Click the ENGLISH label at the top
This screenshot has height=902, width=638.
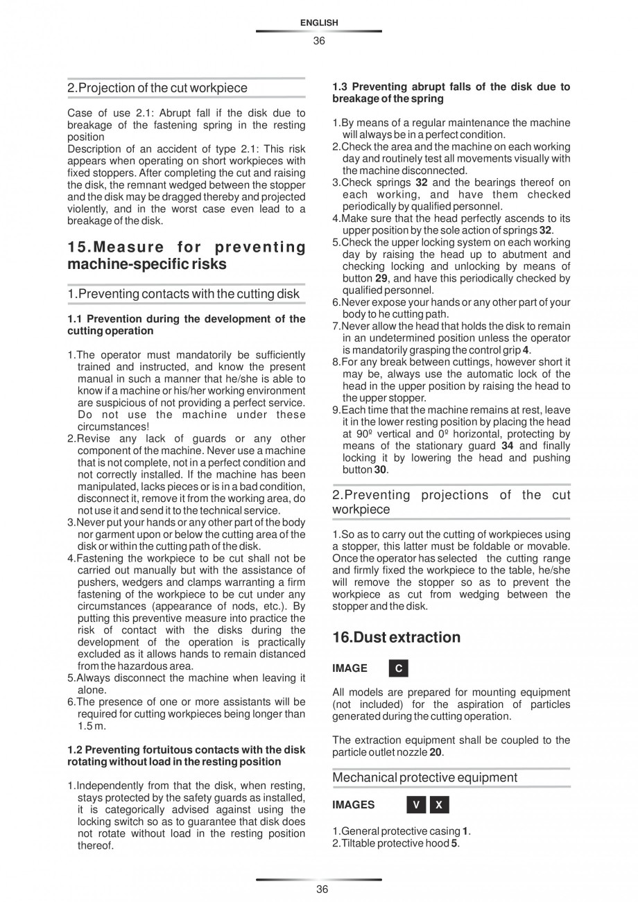(x=319, y=23)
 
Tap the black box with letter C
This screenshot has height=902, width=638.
(x=398, y=668)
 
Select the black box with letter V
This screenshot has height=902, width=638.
(x=416, y=805)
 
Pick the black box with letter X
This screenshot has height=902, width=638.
(x=439, y=805)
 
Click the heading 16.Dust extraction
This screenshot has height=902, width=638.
(x=396, y=637)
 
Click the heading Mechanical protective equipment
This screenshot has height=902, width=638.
(x=424, y=777)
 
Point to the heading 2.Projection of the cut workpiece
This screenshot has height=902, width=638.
(x=157, y=88)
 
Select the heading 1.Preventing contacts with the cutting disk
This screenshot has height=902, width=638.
(x=183, y=293)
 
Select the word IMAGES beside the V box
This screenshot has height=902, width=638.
(x=353, y=805)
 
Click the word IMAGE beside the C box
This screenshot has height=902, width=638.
(x=350, y=668)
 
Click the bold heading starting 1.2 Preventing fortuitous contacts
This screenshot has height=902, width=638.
(x=186, y=755)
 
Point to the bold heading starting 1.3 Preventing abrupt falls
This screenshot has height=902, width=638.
(x=451, y=92)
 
